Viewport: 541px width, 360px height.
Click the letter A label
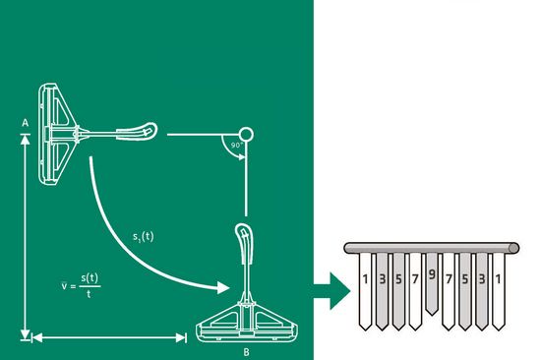click(25, 123)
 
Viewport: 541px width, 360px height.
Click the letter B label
click(246, 352)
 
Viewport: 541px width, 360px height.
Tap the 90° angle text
click(237, 145)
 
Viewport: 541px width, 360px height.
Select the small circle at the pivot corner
click(246, 135)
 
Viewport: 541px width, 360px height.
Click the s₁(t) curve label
click(144, 237)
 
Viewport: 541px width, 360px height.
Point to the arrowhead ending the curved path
click(223, 287)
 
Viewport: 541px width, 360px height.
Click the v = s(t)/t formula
click(81, 286)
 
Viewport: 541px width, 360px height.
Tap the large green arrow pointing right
click(332, 291)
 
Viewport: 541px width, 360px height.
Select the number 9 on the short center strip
click(432, 274)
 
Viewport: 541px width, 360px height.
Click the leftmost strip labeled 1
click(365, 292)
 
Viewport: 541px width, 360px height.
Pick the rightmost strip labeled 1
click(499, 292)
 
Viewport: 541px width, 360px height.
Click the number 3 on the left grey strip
click(383, 279)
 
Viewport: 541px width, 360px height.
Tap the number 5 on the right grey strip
click(465, 279)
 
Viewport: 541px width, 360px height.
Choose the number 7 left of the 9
click(415, 279)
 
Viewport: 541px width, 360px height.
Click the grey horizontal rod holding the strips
click(432, 248)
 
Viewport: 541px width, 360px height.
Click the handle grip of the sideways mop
click(137, 132)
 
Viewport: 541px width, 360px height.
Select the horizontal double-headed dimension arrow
click(109, 338)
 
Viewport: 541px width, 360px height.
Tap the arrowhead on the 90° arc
click(242, 157)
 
